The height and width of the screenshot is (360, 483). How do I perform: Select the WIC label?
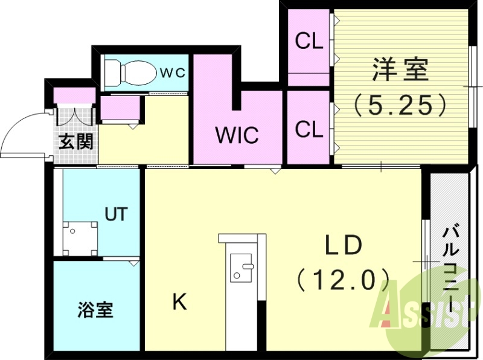pyautogui.click(x=237, y=135)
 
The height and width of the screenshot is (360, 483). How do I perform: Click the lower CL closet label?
pyautogui.click(x=309, y=128)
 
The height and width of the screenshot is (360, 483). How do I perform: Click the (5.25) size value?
pyautogui.click(x=400, y=105)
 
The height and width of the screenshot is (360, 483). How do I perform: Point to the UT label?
pyautogui.click(x=116, y=214)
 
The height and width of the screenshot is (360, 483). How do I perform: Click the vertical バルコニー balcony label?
pyautogui.click(x=450, y=266)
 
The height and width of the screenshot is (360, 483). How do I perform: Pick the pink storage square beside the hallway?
pyautogui.click(x=120, y=110)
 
